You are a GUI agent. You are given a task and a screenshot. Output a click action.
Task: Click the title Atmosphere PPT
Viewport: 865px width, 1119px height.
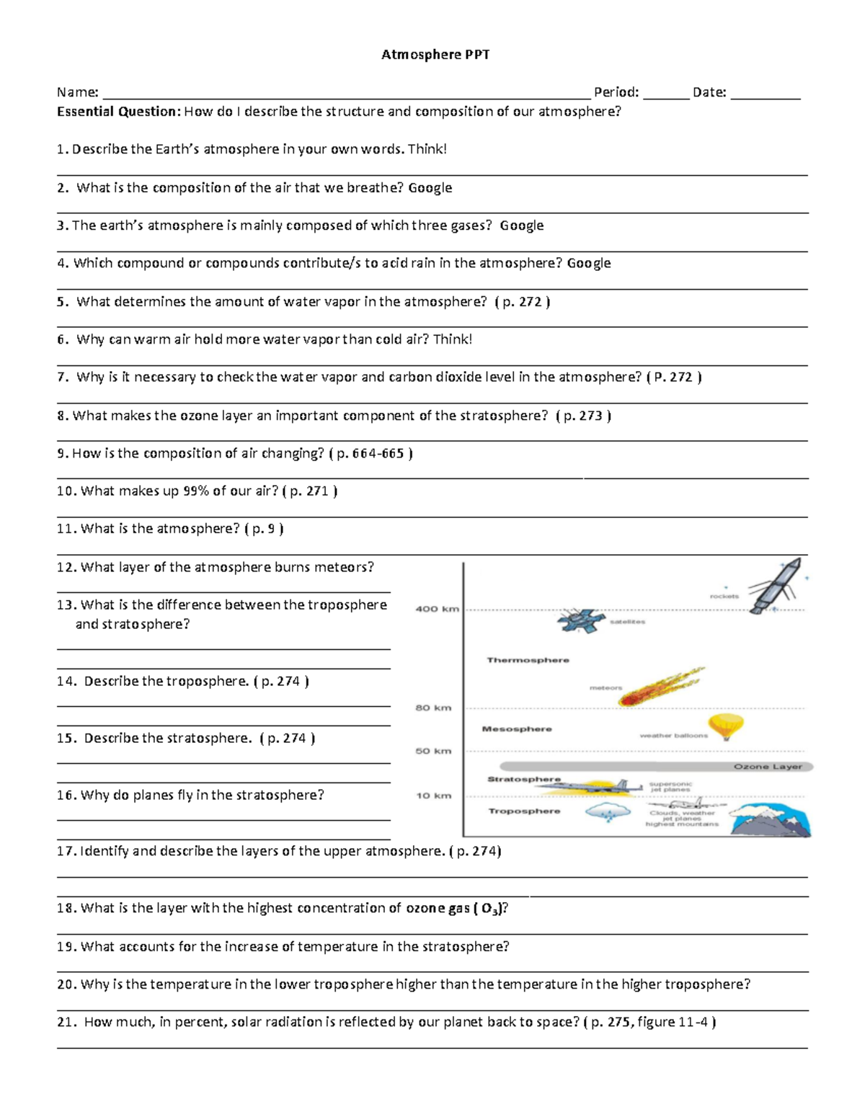[435, 55]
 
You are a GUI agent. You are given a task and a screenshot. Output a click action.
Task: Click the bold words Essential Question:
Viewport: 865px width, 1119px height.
[119, 112]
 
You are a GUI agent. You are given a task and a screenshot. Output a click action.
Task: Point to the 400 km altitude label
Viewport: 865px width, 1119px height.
[437, 609]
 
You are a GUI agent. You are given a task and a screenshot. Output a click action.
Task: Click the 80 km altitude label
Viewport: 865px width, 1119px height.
[433, 708]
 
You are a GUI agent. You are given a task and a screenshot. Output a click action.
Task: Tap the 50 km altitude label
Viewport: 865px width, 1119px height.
[433, 751]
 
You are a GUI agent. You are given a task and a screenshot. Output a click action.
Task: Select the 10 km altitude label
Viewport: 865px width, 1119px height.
[433, 795]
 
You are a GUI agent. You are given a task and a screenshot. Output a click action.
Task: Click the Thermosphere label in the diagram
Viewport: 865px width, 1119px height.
[528, 660]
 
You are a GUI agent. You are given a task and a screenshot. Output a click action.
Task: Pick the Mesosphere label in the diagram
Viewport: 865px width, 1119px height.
[516, 729]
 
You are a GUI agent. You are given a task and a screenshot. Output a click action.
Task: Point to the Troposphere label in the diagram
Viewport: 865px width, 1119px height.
[524, 811]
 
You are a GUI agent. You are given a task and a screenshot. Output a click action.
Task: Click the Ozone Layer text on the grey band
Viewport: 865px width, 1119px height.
[768, 767]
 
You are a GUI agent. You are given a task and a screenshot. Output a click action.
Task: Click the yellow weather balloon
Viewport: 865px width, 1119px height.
[725, 726]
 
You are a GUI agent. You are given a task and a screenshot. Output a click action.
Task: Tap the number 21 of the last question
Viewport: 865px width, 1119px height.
[66, 1022]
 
